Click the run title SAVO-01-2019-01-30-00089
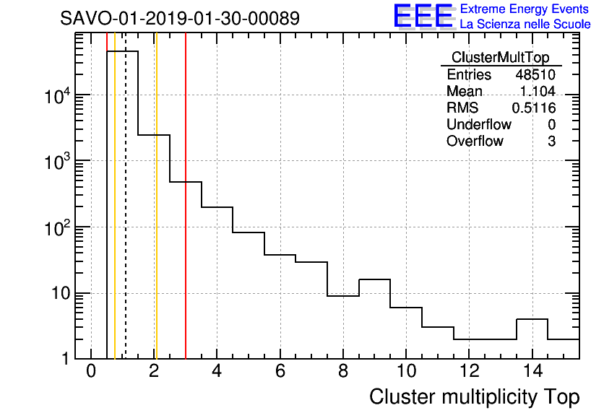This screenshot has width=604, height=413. tap(180, 18)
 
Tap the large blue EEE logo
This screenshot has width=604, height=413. tap(423, 17)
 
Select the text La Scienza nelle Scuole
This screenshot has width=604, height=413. tap(525, 25)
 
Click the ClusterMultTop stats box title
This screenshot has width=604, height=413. tap(500, 58)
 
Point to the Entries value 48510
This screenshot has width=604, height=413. tap(535, 75)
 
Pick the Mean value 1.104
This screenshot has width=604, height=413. tap(538, 91)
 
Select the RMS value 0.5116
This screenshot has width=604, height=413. tap(534, 108)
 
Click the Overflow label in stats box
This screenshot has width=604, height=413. tap(475, 141)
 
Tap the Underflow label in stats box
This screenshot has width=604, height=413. tap(479, 124)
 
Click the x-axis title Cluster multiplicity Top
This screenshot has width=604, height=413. tap(474, 397)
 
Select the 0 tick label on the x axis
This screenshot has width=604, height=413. tap(91, 372)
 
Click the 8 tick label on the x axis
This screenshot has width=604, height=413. tap(342, 372)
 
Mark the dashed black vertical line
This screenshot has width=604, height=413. tap(126, 217)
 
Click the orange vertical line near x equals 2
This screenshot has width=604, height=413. tap(155, 217)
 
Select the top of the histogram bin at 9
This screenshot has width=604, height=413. tap(374, 279)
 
